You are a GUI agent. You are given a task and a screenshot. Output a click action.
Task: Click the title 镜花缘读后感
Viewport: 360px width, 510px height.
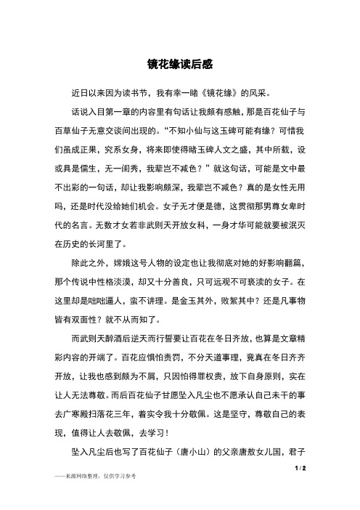[x=179, y=64]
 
